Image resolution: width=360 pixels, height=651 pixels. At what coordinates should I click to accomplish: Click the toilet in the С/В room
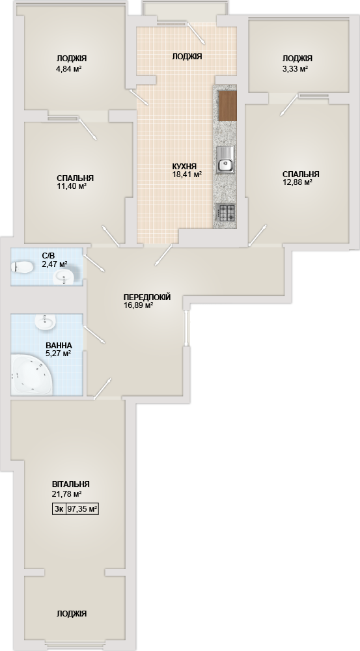click(22, 268)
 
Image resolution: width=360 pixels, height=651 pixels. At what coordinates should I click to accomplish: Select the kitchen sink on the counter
click(225, 160)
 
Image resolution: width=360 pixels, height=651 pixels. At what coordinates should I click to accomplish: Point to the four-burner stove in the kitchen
click(225, 213)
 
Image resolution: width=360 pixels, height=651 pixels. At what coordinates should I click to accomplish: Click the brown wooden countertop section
click(227, 106)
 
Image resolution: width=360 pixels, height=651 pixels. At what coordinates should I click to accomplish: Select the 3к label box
click(59, 509)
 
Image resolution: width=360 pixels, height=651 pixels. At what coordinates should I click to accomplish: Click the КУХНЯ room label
click(184, 167)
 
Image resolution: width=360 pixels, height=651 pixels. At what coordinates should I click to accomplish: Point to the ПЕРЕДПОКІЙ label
click(147, 298)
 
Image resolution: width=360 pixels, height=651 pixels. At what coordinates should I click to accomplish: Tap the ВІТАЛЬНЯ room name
click(70, 484)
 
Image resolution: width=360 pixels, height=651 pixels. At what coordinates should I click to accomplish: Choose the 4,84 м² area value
click(68, 69)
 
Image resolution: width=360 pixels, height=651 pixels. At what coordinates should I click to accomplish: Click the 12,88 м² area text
click(298, 182)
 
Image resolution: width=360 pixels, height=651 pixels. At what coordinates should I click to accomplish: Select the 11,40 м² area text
click(72, 186)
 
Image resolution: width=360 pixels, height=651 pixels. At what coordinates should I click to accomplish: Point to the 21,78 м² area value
click(66, 494)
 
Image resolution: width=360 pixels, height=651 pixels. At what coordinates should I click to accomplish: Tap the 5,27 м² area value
click(58, 353)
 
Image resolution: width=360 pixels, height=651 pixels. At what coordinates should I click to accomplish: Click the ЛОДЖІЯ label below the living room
click(72, 614)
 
